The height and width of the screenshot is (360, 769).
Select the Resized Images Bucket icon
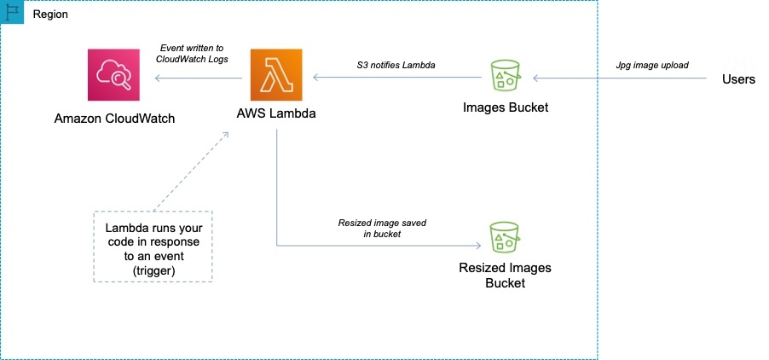coord(505,238)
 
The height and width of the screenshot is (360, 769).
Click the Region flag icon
coord(13,14)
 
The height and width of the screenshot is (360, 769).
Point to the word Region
coord(50,15)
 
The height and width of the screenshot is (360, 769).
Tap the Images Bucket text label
coord(506,107)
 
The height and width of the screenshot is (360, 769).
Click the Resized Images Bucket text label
coord(506,276)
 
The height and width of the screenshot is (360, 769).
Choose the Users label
coord(738,78)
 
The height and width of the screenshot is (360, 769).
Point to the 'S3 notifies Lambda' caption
coord(397,64)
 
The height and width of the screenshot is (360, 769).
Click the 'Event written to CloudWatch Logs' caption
coord(194,53)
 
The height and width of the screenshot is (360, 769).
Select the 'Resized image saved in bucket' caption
coord(382,228)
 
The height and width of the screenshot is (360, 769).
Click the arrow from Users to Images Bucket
coord(622,78)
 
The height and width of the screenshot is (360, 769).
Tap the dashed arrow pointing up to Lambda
coord(192,170)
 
